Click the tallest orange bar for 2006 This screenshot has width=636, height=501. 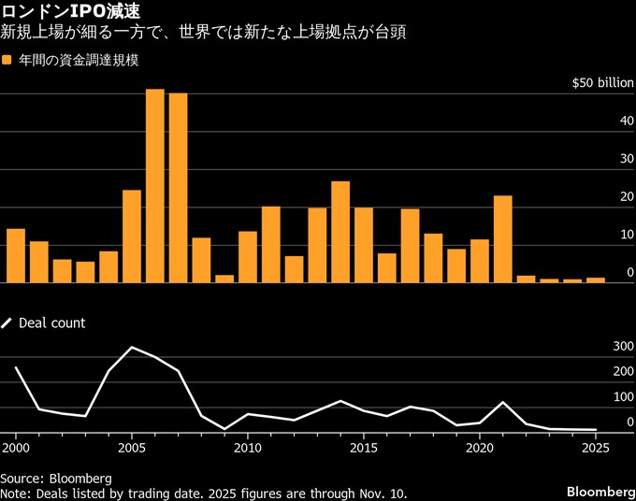(x=155, y=186)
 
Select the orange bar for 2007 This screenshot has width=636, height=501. (x=178, y=188)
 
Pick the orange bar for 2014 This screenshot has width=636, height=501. (x=340, y=232)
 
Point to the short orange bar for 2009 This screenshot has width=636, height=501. (x=224, y=279)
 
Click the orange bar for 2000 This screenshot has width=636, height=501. (x=16, y=255)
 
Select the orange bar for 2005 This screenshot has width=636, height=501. (x=132, y=236)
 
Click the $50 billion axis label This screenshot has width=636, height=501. (x=602, y=83)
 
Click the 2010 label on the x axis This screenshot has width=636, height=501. (x=248, y=449)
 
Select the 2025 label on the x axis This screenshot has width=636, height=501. (x=596, y=449)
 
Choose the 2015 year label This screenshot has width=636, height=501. (x=364, y=449)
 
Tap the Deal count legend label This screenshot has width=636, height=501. (x=51, y=322)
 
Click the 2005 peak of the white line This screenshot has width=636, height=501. (x=132, y=348)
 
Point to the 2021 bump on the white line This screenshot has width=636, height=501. (x=503, y=403)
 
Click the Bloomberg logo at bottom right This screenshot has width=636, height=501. (x=600, y=492)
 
